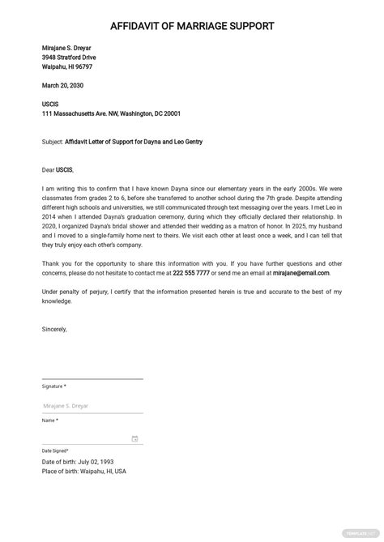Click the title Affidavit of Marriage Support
click(192, 27)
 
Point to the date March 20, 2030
click(62, 85)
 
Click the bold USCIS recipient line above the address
click(50, 105)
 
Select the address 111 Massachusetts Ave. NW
click(89, 114)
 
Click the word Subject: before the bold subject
click(53, 142)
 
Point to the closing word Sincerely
click(55, 330)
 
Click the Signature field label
click(53, 386)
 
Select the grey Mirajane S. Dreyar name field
click(66, 406)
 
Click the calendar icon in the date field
click(134, 439)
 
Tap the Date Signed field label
click(55, 450)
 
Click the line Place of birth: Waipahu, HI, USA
click(84, 471)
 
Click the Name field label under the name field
click(49, 420)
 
